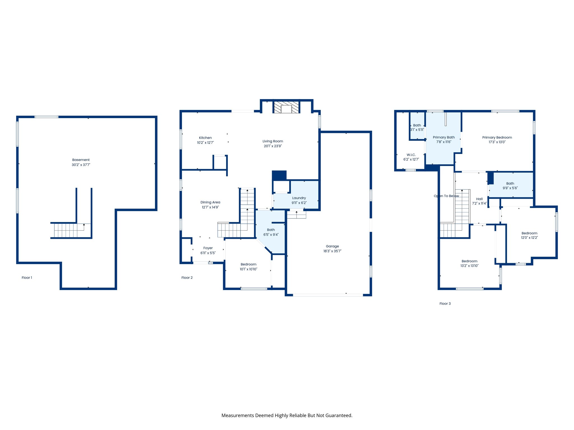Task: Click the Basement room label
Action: [81, 160]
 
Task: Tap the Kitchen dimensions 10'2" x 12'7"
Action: [205, 142]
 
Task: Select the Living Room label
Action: [273, 141]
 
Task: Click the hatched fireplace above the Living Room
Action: [286, 107]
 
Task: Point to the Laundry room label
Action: [299, 198]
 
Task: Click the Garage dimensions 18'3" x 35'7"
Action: [332, 251]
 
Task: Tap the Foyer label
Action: [208, 248]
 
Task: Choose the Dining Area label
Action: [210, 202]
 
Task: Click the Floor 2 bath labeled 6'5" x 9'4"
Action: [271, 232]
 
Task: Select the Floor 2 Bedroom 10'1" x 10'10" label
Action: [248, 264]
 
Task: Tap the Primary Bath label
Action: [443, 137]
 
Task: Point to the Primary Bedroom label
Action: [497, 137]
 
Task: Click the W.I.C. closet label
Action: [411, 155]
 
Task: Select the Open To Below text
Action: [446, 196]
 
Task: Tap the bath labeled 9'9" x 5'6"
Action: [510, 186]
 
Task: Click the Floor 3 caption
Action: [445, 303]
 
